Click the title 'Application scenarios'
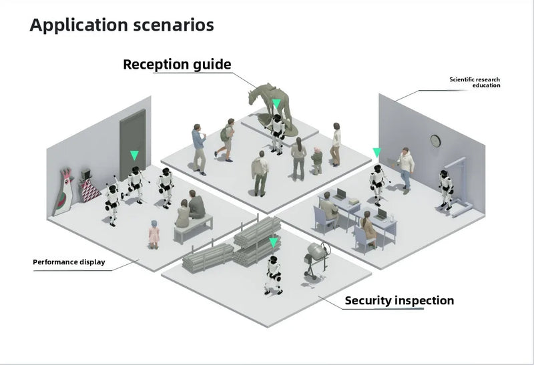point(121,26)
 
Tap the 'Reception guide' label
point(177,65)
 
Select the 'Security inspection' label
point(399,300)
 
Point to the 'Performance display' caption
point(69,262)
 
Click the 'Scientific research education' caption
point(475,82)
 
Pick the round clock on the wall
point(435,140)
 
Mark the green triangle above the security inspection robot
point(272,242)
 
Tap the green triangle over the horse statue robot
point(276,104)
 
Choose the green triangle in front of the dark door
point(134,155)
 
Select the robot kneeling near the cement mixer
point(272,273)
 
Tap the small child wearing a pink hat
point(317,159)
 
